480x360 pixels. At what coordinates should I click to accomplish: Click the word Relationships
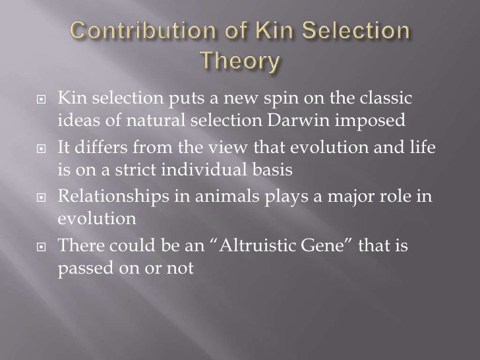click(113, 198)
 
